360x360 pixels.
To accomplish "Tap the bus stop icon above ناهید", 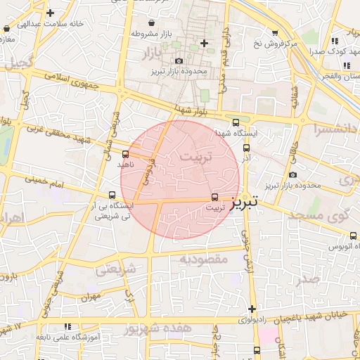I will click(x=126, y=154).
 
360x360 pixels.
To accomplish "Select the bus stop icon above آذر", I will click(x=246, y=148).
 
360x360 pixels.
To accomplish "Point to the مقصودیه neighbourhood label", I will click(x=204, y=259).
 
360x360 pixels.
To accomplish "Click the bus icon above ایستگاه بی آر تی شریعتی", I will click(x=112, y=195).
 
